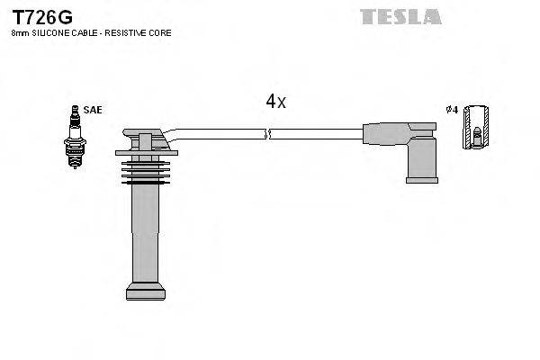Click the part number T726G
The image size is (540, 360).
pos(42,17)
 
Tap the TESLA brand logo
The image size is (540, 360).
pos(400,16)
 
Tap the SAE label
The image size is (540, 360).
pos(93,110)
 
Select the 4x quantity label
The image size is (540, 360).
pos(275,103)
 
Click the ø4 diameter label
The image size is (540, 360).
pos(452,110)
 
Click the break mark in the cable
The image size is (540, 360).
pos(267,135)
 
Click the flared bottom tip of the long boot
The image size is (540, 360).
pos(146,291)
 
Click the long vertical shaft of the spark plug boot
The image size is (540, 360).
pos(146,234)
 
